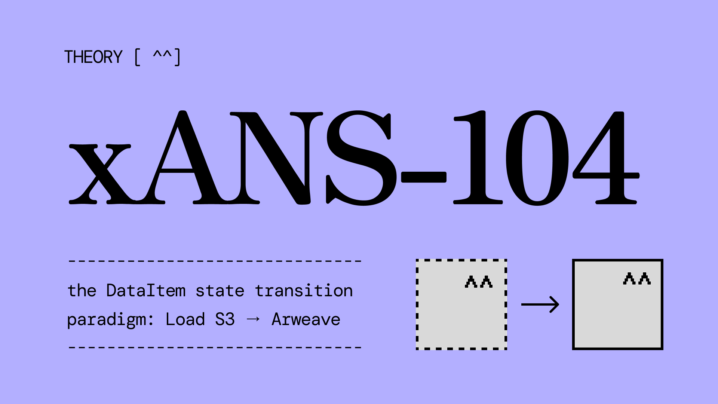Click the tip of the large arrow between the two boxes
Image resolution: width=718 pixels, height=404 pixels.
559,304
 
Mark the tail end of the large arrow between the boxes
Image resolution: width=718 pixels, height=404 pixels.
522,304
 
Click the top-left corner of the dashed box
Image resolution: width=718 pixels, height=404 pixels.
416,259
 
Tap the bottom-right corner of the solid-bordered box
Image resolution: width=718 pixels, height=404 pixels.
663,350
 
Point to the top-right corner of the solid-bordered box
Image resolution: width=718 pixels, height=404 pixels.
663,259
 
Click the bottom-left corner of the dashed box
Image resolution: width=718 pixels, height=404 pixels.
416,350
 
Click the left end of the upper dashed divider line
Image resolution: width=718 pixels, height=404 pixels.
69,261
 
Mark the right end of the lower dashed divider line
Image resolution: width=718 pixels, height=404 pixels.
361,348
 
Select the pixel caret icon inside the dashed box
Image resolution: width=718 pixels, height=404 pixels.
479,282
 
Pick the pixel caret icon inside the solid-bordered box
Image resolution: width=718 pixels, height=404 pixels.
637,279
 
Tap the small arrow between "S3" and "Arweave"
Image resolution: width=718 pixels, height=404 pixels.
254,319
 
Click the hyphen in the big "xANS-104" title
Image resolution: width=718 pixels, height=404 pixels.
424,177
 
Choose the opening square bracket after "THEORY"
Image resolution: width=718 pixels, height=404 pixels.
137,57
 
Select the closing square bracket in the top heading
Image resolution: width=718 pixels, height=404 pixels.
178,57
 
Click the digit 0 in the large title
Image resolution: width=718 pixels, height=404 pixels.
537,158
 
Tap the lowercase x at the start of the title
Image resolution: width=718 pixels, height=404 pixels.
100,174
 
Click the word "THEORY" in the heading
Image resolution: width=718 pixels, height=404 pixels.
93,57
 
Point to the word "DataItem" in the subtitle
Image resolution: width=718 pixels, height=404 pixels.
146,291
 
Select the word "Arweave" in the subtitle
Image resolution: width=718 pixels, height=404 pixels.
306,319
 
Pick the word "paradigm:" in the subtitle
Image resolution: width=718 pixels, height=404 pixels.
110,320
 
